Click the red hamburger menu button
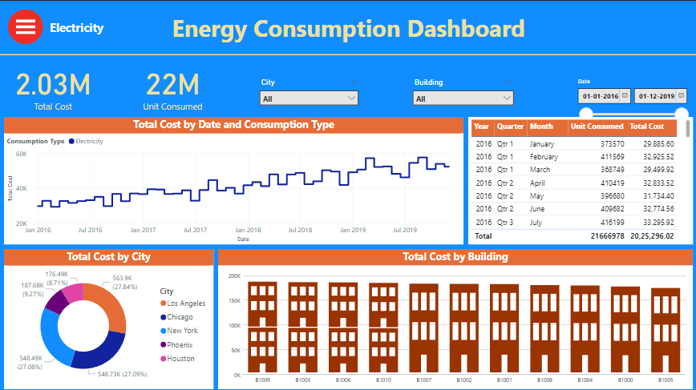pos(26,26)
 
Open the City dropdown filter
pos(309,98)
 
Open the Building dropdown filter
pos(463,99)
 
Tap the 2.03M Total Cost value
pos(53,84)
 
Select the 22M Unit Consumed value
pos(172,84)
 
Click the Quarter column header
pos(509,127)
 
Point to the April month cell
pos(540,183)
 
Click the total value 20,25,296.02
pos(651,236)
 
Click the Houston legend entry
pos(180,359)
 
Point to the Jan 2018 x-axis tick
pos(248,230)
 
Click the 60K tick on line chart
pos(22,154)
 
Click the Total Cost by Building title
pos(455,257)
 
